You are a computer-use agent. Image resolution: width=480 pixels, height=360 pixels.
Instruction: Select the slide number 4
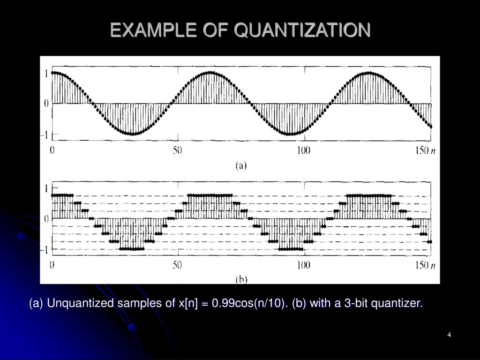pyautogui.click(x=449, y=334)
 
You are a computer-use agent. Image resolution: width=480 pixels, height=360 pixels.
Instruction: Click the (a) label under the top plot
pyautogui.click(x=240, y=165)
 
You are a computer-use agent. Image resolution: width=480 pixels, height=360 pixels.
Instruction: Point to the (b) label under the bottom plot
pyautogui.click(x=240, y=280)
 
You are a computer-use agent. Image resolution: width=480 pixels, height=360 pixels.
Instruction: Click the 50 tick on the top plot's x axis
pyautogui.click(x=177, y=150)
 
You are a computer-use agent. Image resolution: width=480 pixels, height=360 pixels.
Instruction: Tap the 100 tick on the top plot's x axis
pyautogui.click(x=303, y=150)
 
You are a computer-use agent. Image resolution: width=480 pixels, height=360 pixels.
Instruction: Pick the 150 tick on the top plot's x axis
pyautogui.click(x=422, y=150)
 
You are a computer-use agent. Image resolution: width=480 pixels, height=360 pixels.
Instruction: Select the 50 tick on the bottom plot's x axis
pyautogui.click(x=177, y=265)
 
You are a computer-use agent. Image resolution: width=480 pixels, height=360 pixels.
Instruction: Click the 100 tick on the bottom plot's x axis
pyautogui.click(x=303, y=265)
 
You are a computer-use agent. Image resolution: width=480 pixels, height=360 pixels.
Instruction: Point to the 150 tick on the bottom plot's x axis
pyautogui.click(x=422, y=265)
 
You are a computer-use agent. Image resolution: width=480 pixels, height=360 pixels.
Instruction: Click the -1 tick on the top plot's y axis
pyautogui.click(x=46, y=135)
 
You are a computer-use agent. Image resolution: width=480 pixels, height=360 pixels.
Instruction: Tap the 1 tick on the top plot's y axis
pyautogui.click(x=46, y=73)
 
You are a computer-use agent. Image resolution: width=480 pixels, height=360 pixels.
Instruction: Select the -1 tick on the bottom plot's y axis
pyautogui.click(x=46, y=249)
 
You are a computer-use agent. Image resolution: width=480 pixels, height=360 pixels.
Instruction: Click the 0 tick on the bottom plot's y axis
pyautogui.click(x=46, y=218)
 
